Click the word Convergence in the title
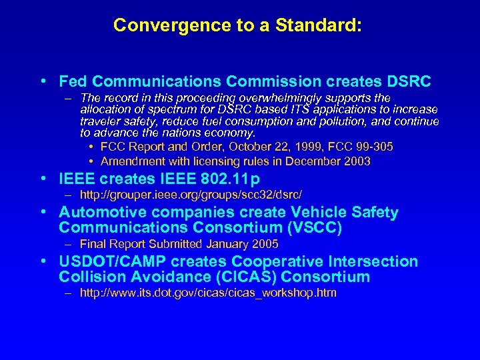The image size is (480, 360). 155,25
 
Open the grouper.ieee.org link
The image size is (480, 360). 191,195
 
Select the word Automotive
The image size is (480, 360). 101,213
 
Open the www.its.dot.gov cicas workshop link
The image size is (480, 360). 208,293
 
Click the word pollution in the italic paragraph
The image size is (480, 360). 343,121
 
